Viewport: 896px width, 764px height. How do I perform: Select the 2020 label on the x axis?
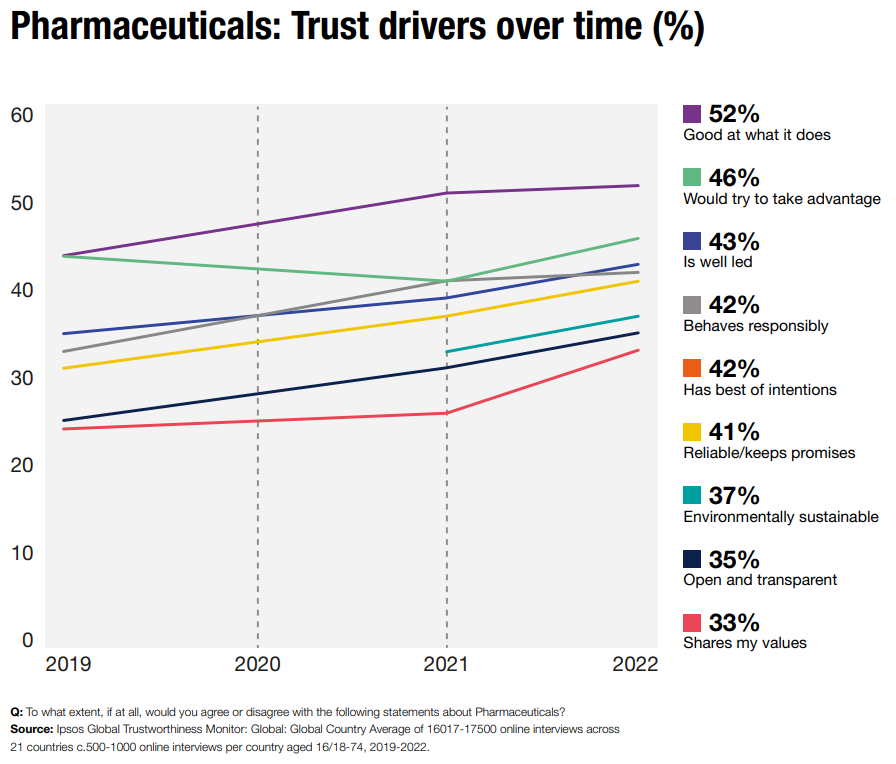click(x=257, y=665)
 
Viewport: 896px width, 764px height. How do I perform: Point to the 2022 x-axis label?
click(x=635, y=665)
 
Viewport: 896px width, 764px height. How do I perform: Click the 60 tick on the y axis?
click(x=23, y=114)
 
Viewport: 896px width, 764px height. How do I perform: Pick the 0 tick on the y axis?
click(x=28, y=640)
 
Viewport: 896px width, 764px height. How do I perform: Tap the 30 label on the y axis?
click(x=23, y=377)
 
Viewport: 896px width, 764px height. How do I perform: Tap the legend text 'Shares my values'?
click(x=744, y=643)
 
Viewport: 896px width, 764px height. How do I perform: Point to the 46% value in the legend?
click(x=734, y=178)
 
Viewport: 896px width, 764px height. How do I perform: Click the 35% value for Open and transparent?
click(x=734, y=559)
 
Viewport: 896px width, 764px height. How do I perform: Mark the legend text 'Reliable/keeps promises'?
click(x=768, y=453)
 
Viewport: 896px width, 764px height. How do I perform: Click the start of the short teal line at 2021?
click(x=447, y=352)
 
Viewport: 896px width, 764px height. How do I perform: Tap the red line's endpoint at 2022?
click(x=638, y=350)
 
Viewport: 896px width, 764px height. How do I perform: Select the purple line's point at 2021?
click(x=447, y=193)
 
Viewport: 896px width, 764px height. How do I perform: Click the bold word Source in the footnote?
click(x=31, y=730)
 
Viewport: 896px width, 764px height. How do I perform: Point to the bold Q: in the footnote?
click(x=16, y=712)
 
